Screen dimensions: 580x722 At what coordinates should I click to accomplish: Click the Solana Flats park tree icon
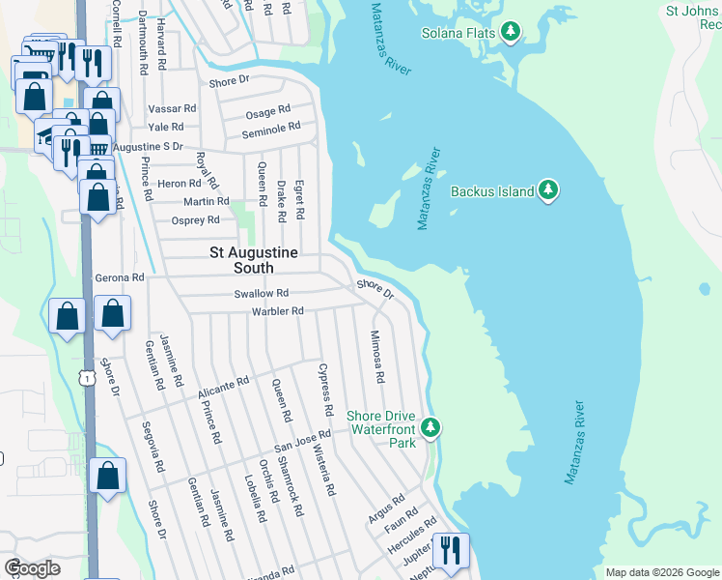[x=511, y=34]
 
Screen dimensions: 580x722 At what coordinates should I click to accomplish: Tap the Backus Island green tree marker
[x=548, y=190]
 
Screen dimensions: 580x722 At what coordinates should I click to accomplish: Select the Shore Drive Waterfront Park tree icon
[x=433, y=426]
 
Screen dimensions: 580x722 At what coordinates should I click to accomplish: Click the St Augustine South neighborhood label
[x=255, y=260]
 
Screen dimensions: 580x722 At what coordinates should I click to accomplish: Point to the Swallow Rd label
[x=261, y=293]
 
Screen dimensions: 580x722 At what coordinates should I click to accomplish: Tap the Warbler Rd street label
[x=277, y=311]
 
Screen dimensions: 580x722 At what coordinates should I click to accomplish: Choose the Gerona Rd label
[x=119, y=277]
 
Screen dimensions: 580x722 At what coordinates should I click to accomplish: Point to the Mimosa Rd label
[x=377, y=356]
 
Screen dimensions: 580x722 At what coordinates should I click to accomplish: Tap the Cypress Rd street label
[x=324, y=390]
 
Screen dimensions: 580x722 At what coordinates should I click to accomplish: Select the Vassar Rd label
[x=172, y=109]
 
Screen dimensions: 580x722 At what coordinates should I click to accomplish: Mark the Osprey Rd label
[x=195, y=220]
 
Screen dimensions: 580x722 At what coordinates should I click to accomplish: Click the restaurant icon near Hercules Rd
[x=451, y=551]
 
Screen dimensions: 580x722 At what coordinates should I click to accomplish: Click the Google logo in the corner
[x=32, y=568]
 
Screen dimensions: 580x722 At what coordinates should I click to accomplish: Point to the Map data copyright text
[x=661, y=572]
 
